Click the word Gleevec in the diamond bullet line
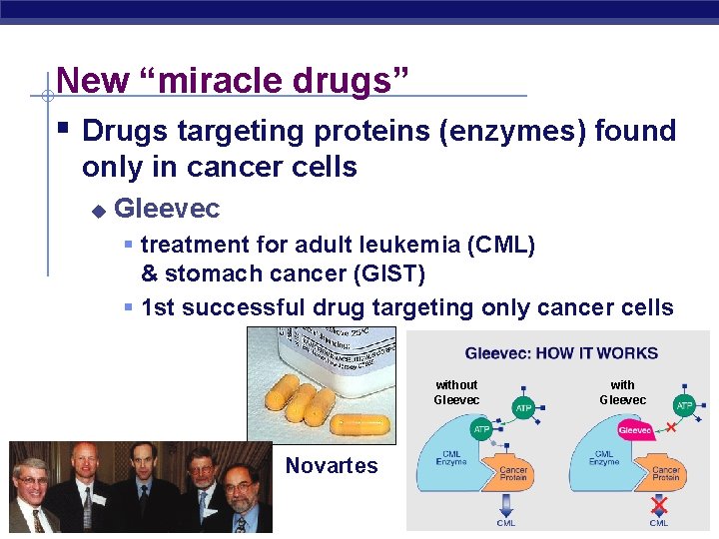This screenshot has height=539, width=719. click(167, 209)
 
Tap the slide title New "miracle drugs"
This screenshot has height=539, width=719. click(233, 80)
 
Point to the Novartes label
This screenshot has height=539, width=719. click(332, 465)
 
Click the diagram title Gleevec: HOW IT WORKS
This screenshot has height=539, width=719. click(561, 352)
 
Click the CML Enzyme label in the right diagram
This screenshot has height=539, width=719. click(603, 457)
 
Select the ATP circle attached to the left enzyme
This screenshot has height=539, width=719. click(481, 430)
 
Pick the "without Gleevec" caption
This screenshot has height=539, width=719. click(456, 392)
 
